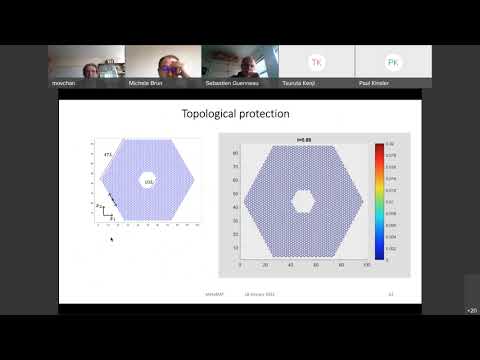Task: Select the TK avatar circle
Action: [317, 62]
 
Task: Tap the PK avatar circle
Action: [393, 62]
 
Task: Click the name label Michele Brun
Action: [145, 85]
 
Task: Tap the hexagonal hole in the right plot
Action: [303, 200]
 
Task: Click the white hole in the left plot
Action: [148, 180]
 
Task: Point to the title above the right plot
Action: [302, 139]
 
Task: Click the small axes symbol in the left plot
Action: [104, 212]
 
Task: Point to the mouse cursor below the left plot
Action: [111, 239]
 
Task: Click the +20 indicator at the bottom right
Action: [471, 310]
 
